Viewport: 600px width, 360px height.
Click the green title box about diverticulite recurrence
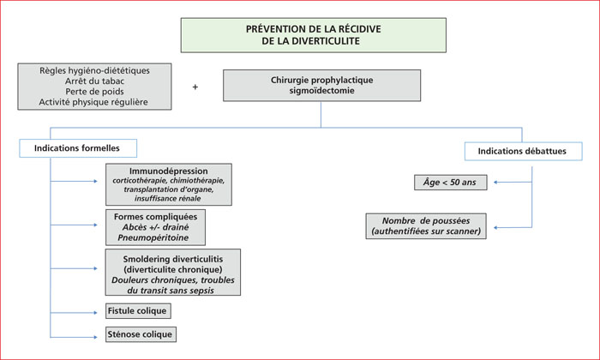click(x=314, y=35)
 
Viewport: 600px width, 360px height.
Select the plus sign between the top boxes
click(x=195, y=87)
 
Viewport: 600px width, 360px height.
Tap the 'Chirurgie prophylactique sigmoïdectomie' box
click(x=321, y=86)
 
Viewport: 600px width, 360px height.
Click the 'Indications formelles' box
click(x=78, y=148)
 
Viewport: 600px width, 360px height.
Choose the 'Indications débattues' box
click(x=524, y=151)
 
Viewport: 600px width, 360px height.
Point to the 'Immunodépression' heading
click(x=168, y=171)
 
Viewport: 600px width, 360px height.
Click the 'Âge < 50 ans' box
click(x=450, y=183)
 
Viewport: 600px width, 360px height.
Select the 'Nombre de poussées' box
click(x=426, y=226)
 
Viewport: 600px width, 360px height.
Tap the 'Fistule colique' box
click(x=138, y=311)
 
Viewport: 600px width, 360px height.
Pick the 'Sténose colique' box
click(x=141, y=334)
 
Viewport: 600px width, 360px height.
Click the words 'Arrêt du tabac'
click(x=94, y=81)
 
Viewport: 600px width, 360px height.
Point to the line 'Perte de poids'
click(x=94, y=92)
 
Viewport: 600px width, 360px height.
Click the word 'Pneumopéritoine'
click(x=153, y=237)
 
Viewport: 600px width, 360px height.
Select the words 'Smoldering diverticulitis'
click(x=173, y=259)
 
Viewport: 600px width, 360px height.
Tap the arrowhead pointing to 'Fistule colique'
click(x=96, y=313)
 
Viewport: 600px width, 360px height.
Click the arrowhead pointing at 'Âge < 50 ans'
click(x=495, y=183)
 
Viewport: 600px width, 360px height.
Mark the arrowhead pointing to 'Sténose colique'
click(x=96, y=337)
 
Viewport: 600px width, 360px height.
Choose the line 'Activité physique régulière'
click(x=93, y=102)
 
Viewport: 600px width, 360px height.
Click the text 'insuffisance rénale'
click(x=168, y=198)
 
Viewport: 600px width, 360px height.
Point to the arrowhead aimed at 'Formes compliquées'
click(x=96, y=225)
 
